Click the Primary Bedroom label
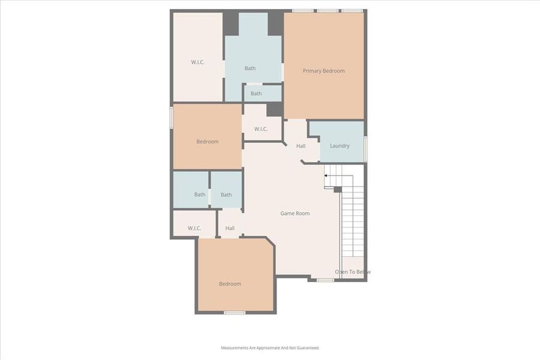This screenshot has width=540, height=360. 323,71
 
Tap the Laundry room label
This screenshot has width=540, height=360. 340,146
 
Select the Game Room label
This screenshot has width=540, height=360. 295,213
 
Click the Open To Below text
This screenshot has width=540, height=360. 353,272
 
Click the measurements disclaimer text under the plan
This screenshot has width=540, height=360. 270,348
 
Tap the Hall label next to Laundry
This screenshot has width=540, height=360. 301,146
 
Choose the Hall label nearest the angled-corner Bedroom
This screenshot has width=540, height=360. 230,228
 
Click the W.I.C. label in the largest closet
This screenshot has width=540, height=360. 198,62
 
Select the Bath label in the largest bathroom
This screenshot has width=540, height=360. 250,68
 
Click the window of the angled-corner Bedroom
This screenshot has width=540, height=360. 235,313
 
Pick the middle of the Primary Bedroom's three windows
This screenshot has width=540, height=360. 328,10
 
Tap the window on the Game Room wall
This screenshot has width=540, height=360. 325,280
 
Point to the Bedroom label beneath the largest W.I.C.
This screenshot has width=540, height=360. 208,142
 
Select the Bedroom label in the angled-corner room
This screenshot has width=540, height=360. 230,284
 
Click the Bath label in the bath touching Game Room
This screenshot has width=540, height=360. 226,194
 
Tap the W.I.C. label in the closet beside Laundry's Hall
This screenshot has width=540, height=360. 260,129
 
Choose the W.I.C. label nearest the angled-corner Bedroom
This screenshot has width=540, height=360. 194,228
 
